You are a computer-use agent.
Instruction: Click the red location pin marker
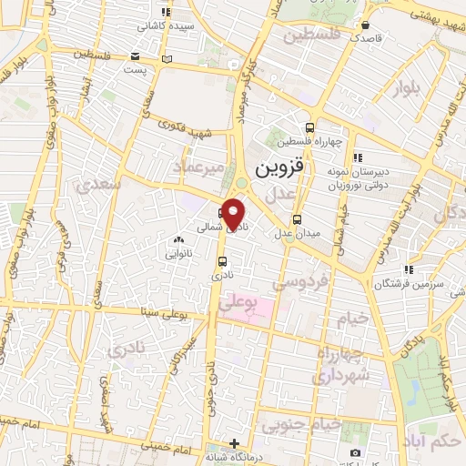(235, 211)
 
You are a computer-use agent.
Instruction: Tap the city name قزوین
(282, 168)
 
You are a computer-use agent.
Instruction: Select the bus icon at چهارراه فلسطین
(311, 127)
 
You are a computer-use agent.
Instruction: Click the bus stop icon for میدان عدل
(298, 219)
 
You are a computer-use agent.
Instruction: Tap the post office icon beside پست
(165, 60)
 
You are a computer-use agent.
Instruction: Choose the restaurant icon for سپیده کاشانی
(165, 12)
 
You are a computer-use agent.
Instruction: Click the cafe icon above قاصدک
(365, 25)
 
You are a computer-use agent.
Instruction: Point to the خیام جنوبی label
(301, 424)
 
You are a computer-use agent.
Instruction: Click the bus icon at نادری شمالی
(224, 215)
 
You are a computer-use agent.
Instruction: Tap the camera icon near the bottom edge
(355, 452)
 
